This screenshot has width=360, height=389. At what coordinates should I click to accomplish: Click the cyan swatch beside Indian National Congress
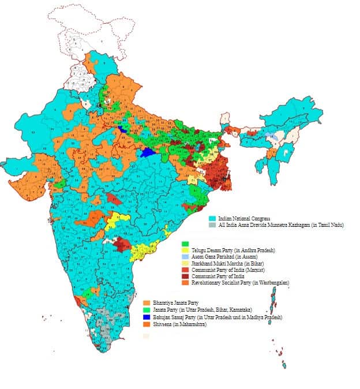pyautogui.click(x=212, y=219)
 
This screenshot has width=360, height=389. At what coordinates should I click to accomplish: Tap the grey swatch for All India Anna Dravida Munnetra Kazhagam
pyautogui.click(x=212, y=225)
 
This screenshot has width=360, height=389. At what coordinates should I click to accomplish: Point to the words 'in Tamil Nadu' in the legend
pyautogui.click(x=327, y=225)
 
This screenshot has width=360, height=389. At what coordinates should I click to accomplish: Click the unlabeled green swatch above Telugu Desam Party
pyautogui.click(x=185, y=244)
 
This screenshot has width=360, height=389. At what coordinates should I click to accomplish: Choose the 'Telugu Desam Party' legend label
pyautogui.click(x=213, y=250)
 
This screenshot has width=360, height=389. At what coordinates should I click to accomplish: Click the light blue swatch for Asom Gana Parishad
pyautogui.click(x=185, y=256)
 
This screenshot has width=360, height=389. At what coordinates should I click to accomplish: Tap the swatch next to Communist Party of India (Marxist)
pyautogui.click(x=185, y=269)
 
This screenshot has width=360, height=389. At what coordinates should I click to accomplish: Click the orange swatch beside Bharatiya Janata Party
pyautogui.click(x=147, y=302)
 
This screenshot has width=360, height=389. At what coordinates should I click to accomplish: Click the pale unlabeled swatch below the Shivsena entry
pyautogui.click(x=147, y=335)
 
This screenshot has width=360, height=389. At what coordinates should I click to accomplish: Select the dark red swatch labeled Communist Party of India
pyautogui.click(x=185, y=275)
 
